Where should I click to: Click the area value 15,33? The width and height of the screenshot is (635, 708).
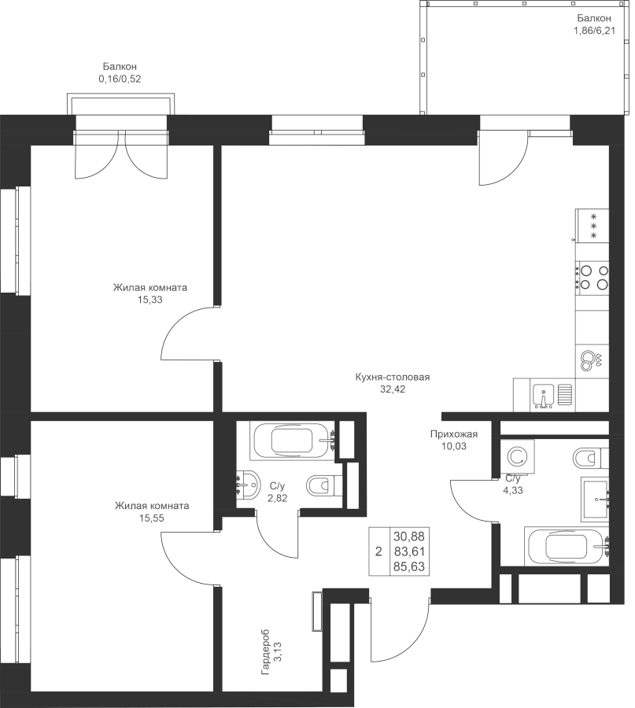pyautogui.click(x=149, y=300)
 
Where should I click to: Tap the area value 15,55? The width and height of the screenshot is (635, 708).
pyautogui.click(x=151, y=518)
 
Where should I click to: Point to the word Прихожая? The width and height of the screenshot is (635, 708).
pyautogui.click(x=454, y=433)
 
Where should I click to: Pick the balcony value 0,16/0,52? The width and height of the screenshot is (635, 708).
pyautogui.click(x=119, y=79)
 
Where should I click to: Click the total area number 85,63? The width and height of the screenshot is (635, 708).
pyautogui.click(x=412, y=565)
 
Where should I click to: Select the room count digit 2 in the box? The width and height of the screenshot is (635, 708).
pyautogui.click(x=378, y=551)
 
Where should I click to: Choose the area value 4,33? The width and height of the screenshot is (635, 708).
pyautogui.click(x=512, y=490)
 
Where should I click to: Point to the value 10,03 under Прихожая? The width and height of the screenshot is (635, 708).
pyautogui.click(x=454, y=445)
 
